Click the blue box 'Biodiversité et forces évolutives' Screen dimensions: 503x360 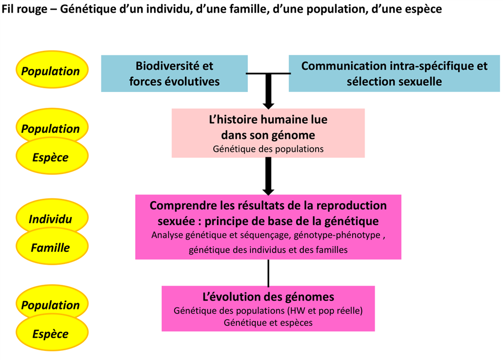pos(174,74)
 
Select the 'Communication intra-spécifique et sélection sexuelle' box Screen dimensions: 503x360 pos(394,74)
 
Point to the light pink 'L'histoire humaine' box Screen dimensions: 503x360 pos(268,133)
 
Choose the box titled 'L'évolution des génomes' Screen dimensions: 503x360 pos(268,308)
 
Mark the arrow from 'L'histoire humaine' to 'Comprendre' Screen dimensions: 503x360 pos(268,176)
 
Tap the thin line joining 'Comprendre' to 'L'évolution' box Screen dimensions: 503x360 pos(268,273)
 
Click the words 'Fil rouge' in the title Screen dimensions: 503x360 pos(24,9)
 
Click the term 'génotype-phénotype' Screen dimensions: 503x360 pos(337,235)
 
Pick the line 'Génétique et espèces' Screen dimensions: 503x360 pos(268,323)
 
